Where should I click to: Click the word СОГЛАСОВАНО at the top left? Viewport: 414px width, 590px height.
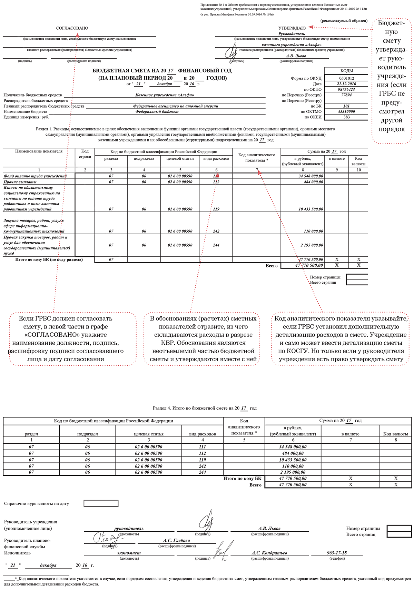[x=72, y=28]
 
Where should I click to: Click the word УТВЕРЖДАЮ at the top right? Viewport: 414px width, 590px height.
[x=292, y=28]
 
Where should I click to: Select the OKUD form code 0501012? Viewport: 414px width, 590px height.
[x=346, y=78]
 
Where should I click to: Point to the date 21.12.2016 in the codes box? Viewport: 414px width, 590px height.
[x=346, y=84]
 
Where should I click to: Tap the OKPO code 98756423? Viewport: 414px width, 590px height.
[x=346, y=89]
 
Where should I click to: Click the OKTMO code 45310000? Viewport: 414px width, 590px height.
[x=346, y=111]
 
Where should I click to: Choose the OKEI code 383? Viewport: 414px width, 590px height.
[x=346, y=117]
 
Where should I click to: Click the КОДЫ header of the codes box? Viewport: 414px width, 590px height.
[x=346, y=71]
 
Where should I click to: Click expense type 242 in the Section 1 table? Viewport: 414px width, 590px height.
[x=216, y=231]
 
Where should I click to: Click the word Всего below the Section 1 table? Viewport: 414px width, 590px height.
[x=272, y=266]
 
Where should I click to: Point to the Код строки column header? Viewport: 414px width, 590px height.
[x=85, y=154]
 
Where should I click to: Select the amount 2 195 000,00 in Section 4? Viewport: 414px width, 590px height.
[x=293, y=472]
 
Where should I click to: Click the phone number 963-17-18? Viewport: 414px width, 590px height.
[x=337, y=552]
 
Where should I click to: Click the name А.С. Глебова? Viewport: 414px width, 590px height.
[x=177, y=540]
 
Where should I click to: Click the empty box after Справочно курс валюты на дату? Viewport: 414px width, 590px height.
[x=101, y=503]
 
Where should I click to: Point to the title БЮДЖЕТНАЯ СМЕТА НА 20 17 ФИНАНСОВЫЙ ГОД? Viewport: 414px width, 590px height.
[x=162, y=71]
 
